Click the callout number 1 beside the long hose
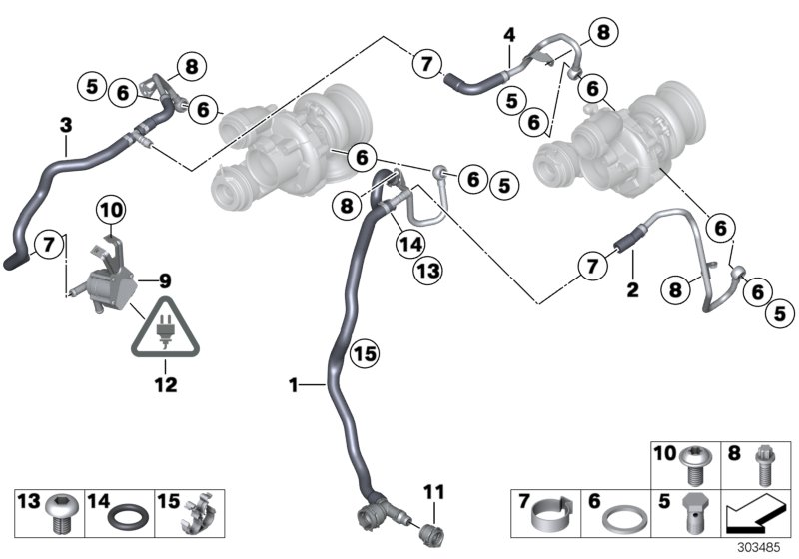pyautogui.click(x=293, y=383)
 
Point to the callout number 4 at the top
pyautogui.click(x=509, y=35)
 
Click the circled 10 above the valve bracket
pyautogui.click(x=110, y=210)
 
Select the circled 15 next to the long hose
pyautogui.click(x=367, y=353)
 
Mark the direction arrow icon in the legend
pyautogui.click(x=753, y=516)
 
